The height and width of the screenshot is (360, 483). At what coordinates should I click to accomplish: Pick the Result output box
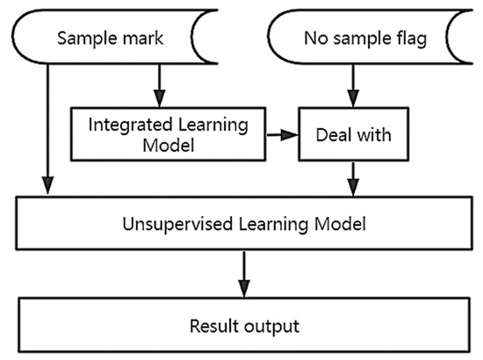(241, 326)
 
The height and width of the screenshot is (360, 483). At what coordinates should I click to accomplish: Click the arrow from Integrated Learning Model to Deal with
(282, 136)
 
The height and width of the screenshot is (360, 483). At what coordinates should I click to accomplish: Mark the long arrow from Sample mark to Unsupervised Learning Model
(46, 132)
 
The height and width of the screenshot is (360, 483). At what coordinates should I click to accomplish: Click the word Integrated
(122, 124)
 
